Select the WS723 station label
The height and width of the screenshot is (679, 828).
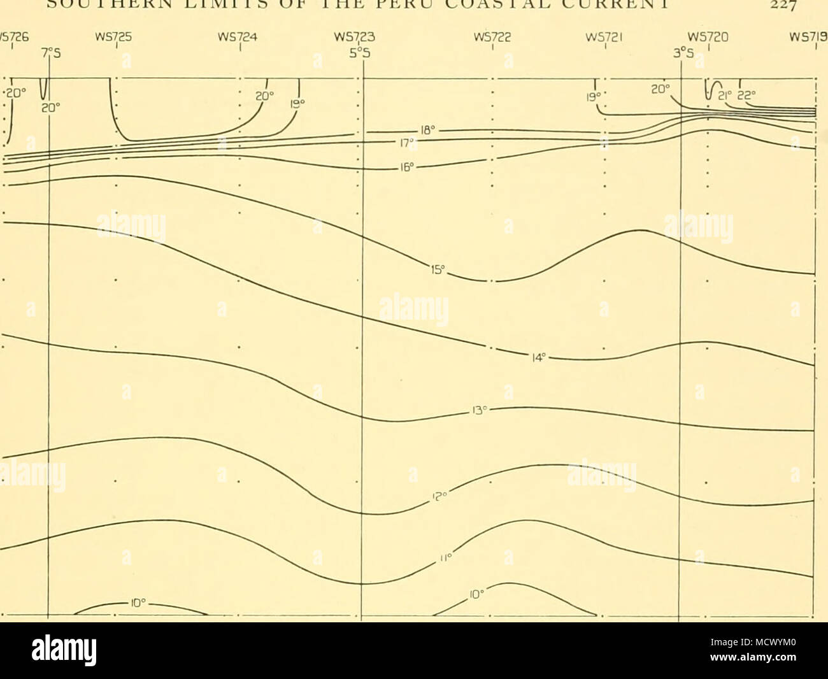coord(361,37)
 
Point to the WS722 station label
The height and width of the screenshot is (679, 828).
coord(492,37)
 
